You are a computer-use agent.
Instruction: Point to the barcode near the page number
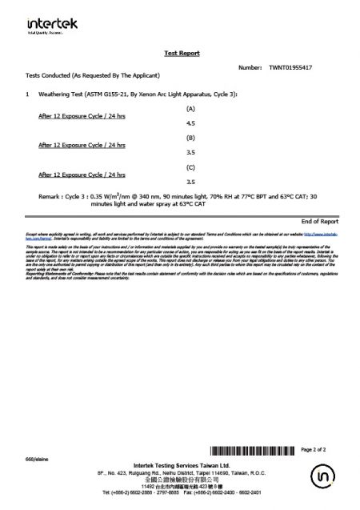click(x=252, y=451)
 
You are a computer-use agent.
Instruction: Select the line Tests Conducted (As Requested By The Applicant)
click(x=94, y=74)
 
